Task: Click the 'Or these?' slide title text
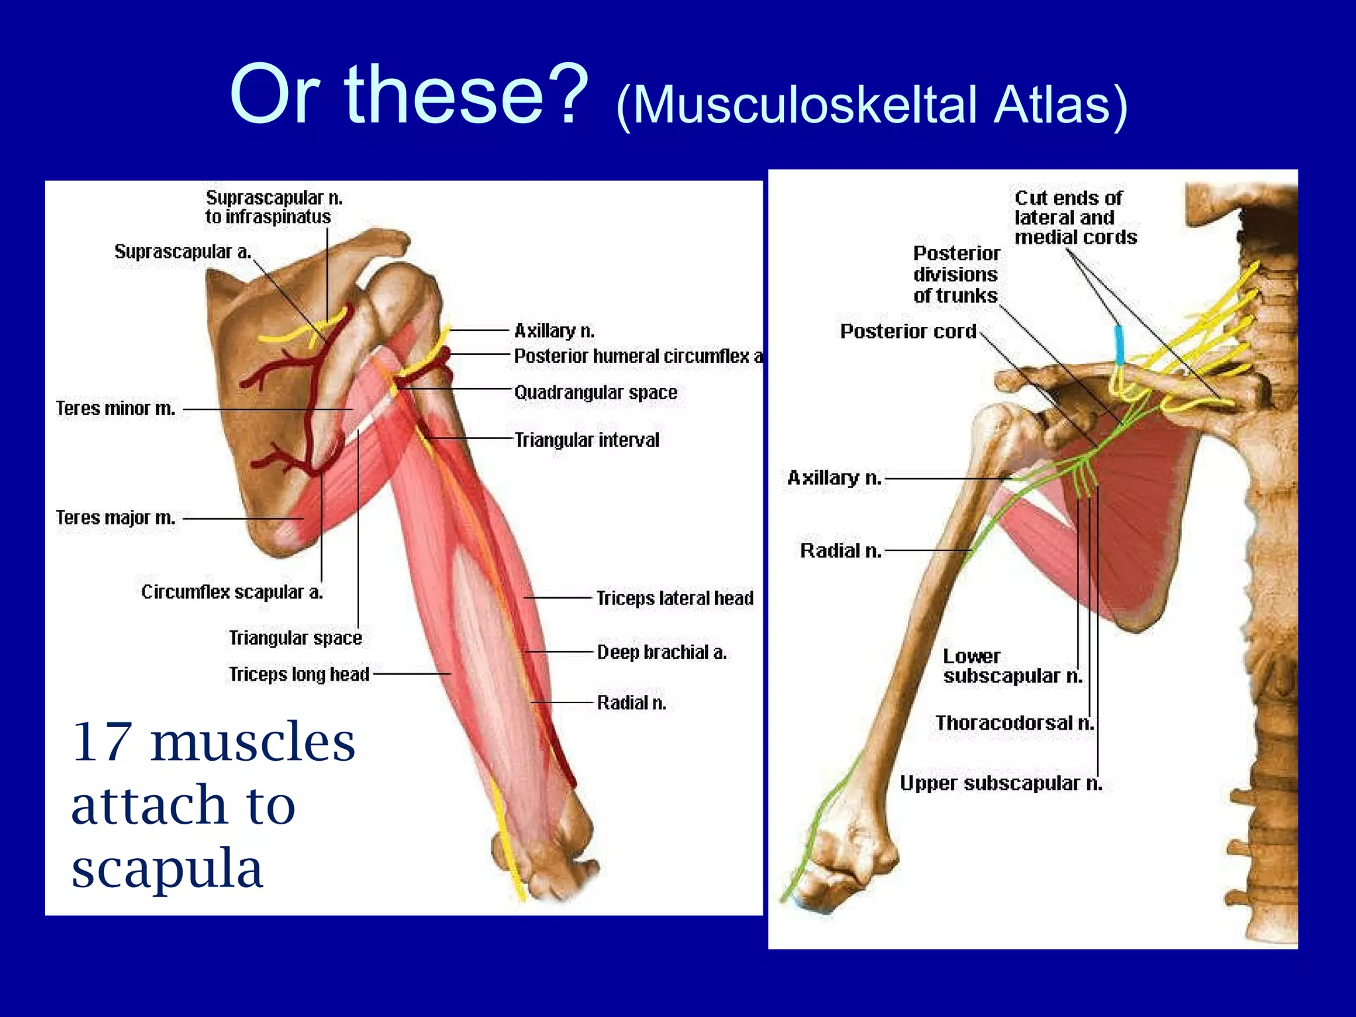click(x=409, y=94)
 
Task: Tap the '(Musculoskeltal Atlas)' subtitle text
click(x=871, y=105)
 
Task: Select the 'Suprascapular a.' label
click(x=183, y=252)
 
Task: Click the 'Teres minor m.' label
click(x=116, y=409)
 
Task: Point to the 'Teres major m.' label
click(x=116, y=518)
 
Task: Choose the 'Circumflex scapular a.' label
click(x=232, y=592)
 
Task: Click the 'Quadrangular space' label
click(x=596, y=393)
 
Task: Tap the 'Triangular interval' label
click(x=587, y=440)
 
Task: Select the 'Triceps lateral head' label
click(x=675, y=599)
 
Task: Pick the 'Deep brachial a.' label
click(x=661, y=652)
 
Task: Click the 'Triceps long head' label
click(x=299, y=674)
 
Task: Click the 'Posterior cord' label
click(x=908, y=331)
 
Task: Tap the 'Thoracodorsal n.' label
click(x=1014, y=723)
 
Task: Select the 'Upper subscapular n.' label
click(x=1000, y=783)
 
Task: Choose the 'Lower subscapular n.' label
click(x=1012, y=666)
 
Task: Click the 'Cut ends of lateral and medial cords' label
click(x=1075, y=218)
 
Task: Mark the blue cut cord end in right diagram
click(x=1119, y=344)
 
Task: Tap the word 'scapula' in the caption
click(x=167, y=867)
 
